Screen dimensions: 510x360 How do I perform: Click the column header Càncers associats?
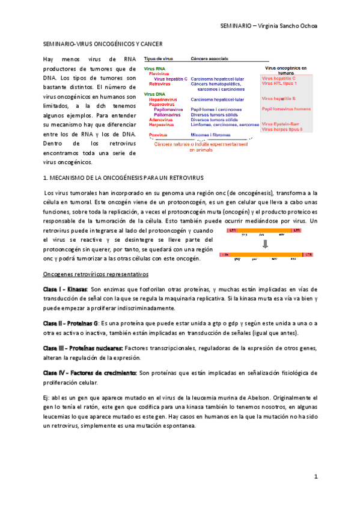[x=210, y=59]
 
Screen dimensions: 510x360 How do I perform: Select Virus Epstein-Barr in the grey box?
[x=281, y=124]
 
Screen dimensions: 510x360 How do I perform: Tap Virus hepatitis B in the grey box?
[x=278, y=98]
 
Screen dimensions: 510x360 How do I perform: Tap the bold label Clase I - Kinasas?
[x=64, y=290]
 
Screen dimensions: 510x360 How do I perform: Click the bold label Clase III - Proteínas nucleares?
[x=83, y=348]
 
